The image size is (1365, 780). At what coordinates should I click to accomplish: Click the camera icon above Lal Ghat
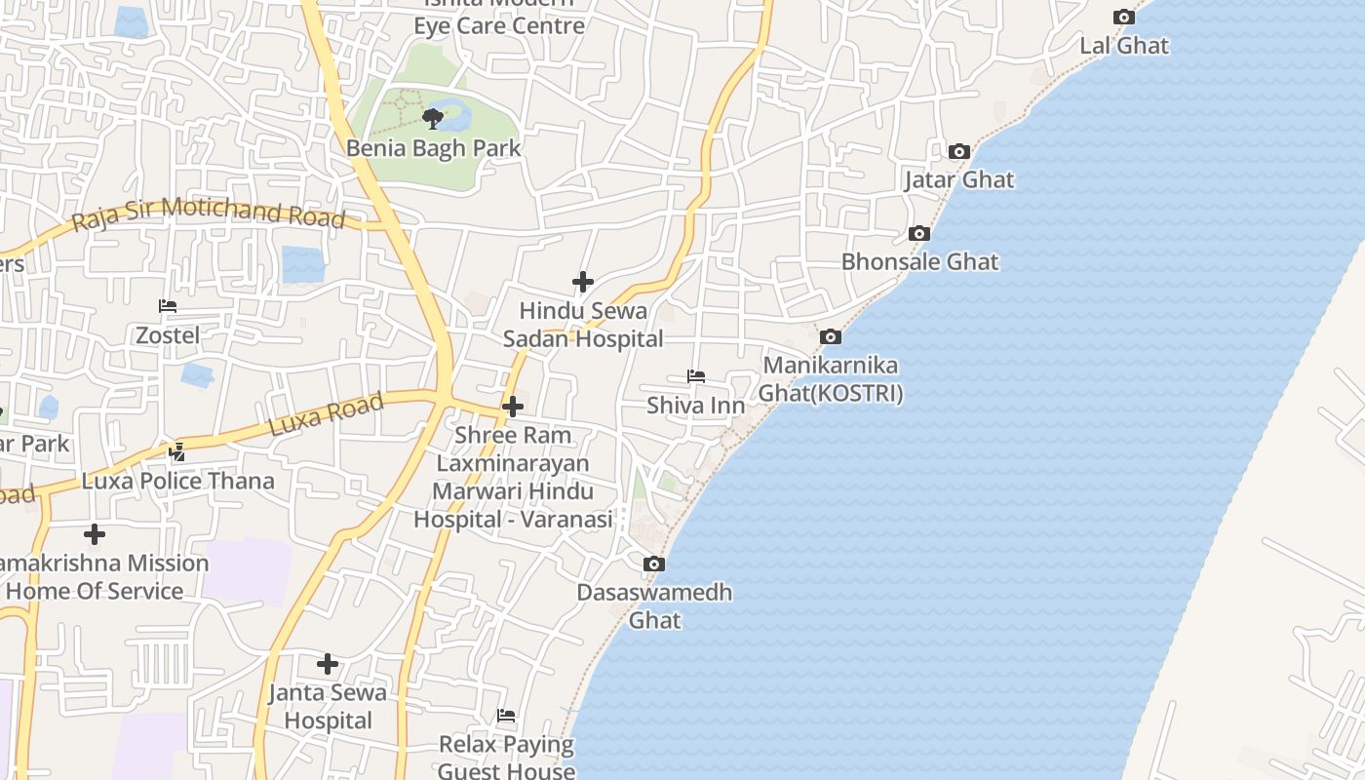[x=1124, y=18]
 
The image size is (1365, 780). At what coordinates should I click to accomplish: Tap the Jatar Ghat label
[x=958, y=180]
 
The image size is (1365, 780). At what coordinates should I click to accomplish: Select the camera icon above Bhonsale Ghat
[x=918, y=234]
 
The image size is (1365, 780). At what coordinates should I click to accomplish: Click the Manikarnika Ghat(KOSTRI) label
[x=831, y=379]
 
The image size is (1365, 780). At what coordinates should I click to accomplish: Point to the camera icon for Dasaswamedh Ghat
[x=654, y=564]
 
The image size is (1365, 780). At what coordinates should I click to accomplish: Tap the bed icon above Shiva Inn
[x=696, y=376]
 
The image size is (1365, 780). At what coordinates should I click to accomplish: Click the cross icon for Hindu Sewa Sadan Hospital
[x=583, y=283]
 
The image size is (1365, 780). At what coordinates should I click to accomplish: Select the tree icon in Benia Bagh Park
[x=433, y=119]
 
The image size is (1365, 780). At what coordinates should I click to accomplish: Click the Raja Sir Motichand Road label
[x=209, y=214]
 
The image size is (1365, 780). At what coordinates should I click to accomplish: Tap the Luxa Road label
[x=326, y=415]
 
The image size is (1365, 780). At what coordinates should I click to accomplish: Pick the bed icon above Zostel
[x=168, y=306]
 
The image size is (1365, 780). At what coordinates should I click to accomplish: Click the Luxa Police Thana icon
[x=177, y=452]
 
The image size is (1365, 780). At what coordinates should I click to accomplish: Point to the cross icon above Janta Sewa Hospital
[x=328, y=665]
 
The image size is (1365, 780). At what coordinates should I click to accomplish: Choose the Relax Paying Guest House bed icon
[x=506, y=716]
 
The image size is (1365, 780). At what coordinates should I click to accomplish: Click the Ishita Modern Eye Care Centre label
[x=499, y=19]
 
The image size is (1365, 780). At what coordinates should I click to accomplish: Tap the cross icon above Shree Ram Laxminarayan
[x=513, y=407]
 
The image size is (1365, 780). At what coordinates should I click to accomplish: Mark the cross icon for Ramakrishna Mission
[x=95, y=534]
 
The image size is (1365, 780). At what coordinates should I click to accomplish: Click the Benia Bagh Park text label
[x=434, y=149]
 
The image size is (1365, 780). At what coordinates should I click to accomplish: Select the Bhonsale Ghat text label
[x=919, y=262]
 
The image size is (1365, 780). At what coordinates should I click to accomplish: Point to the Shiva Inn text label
[x=696, y=406]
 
